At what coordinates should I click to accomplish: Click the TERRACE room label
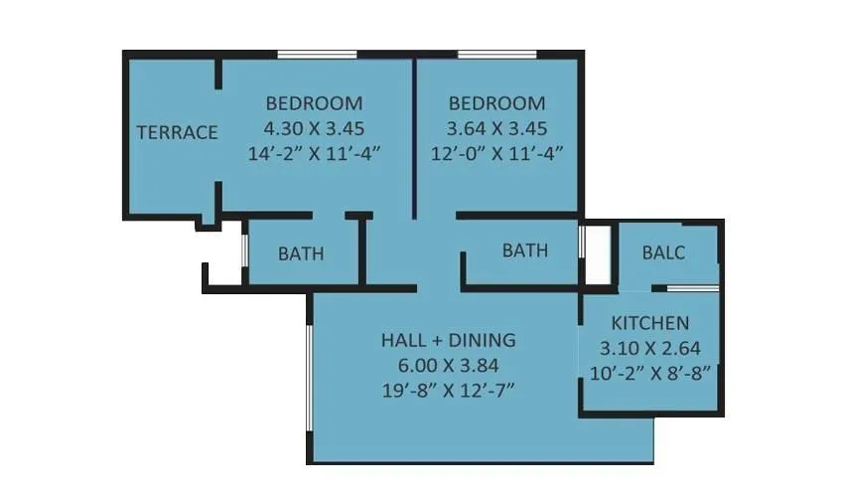coord(177,132)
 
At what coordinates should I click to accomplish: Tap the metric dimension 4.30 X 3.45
coord(314,128)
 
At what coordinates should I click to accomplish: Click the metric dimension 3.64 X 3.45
coord(496,128)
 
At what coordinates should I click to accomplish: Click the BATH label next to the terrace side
coord(301,253)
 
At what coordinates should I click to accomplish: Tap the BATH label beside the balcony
coord(524,250)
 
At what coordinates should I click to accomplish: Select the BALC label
coord(663,252)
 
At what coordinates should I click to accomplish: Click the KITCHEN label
coord(650,323)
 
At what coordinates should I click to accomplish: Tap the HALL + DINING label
coord(449,340)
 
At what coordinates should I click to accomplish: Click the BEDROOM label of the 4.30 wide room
coord(314,103)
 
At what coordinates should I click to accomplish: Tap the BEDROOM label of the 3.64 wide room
coord(496,103)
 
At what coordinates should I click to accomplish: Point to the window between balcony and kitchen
coord(692,288)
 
